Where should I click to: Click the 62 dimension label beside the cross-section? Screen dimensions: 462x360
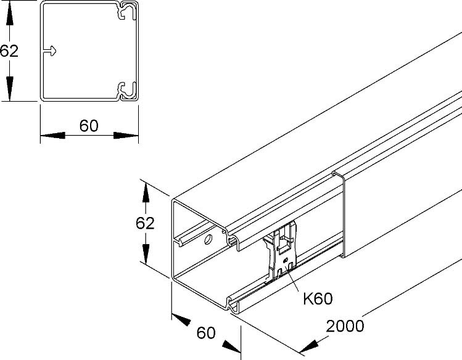[9, 51]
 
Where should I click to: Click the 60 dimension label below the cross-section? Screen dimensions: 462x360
[89, 126]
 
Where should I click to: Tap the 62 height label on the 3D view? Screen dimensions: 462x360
[145, 223]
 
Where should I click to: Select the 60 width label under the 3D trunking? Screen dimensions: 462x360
[206, 333]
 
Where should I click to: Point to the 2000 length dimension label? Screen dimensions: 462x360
[345, 326]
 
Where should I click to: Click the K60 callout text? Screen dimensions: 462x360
[318, 299]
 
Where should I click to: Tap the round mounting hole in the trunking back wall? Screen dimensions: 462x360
[208, 239]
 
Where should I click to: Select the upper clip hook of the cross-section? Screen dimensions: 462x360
[128, 12]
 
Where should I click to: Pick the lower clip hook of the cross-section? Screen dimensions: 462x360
[128, 90]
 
